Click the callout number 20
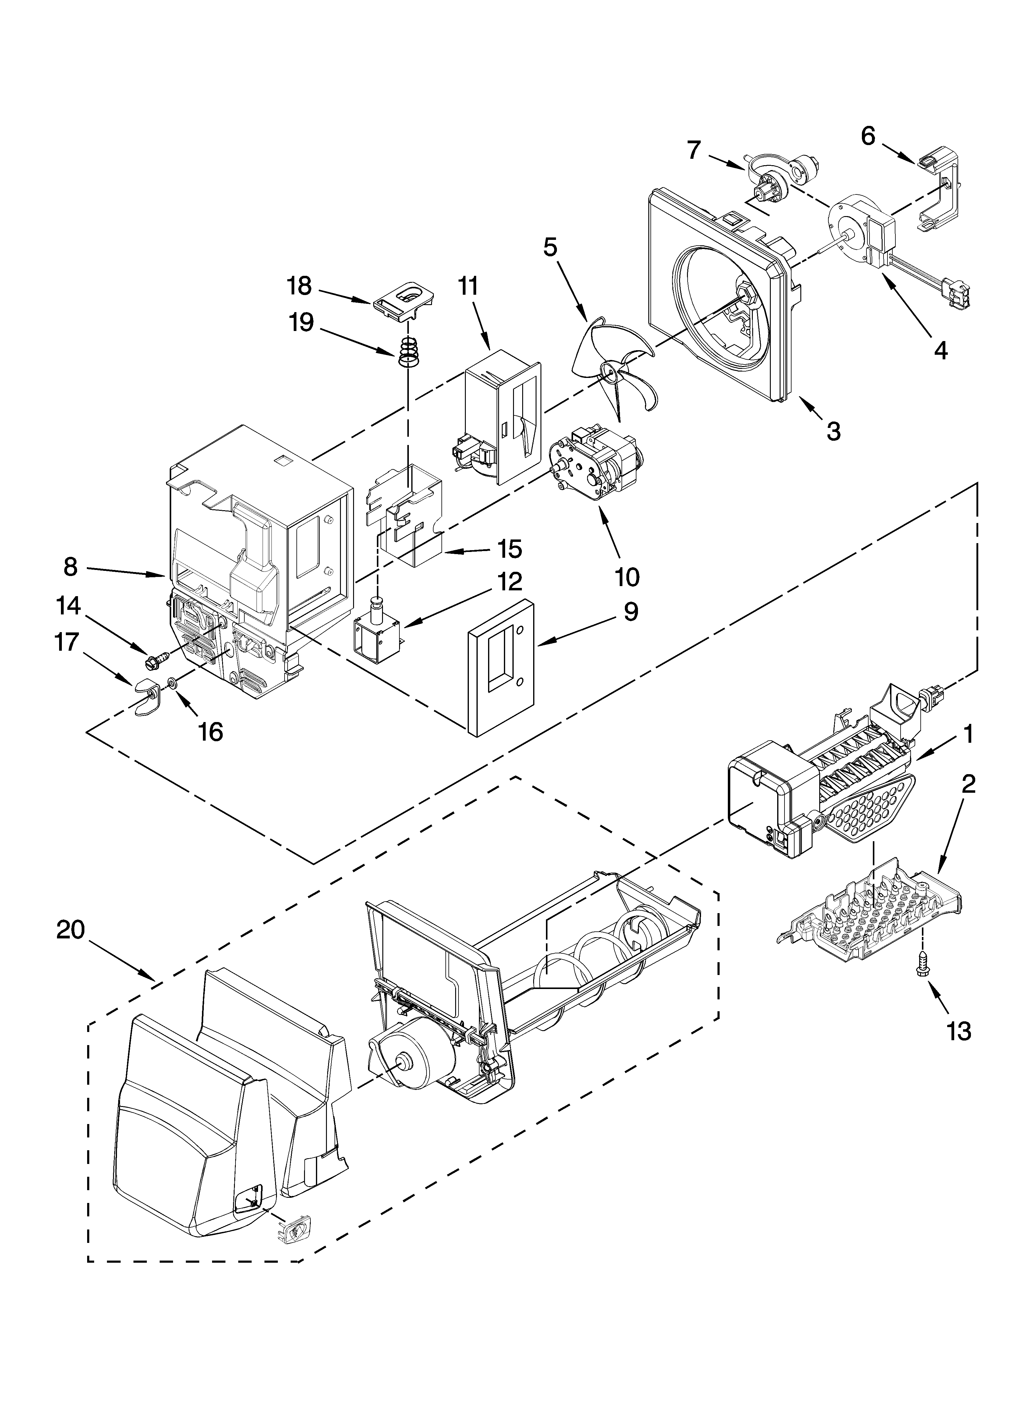coord(70,930)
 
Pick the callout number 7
coord(694,150)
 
